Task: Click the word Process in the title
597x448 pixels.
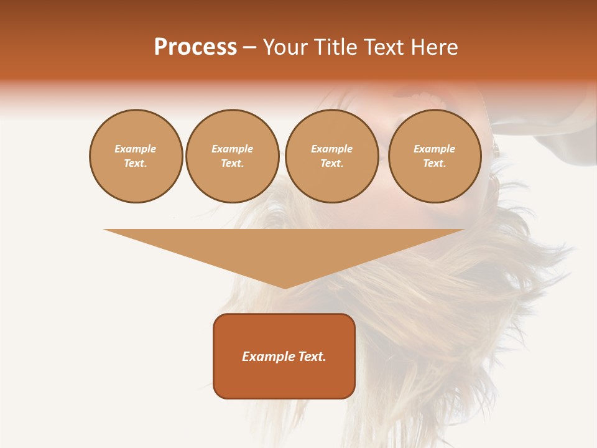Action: coord(195,47)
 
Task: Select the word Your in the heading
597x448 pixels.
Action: coord(286,47)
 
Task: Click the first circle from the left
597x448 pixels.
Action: coord(136,156)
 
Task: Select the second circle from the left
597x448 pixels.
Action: coord(232,156)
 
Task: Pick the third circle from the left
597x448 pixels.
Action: coord(331,156)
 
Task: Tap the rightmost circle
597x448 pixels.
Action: coord(434,156)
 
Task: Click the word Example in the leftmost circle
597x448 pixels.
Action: coord(136,149)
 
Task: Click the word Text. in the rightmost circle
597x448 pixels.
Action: coord(434,164)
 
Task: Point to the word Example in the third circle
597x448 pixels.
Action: coord(331,149)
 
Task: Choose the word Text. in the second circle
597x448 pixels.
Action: coord(232,164)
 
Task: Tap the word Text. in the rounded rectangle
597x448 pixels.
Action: coord(312,357)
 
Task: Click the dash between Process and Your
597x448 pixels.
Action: coord(249,47)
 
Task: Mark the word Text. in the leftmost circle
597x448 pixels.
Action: coord(136,164)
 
